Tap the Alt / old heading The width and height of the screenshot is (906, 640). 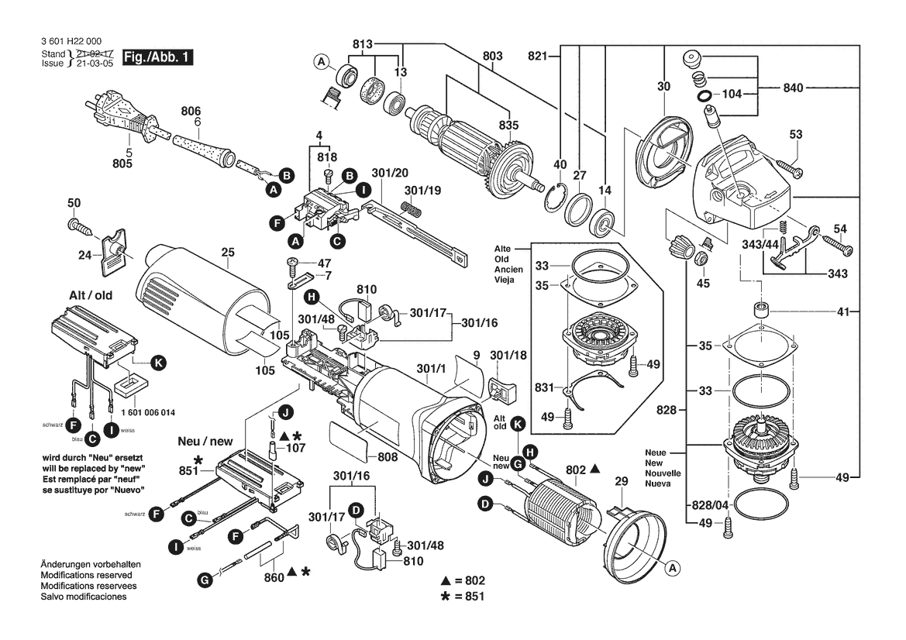[91, 296]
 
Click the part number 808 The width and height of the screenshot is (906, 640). [388, 457]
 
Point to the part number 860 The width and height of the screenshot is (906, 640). [274, 577]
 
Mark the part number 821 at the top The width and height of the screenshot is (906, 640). [538, 56]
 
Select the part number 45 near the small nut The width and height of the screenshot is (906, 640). [703, 283]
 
